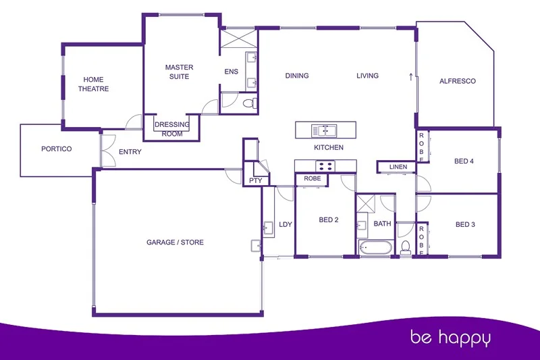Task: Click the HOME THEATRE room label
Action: pos(93,84)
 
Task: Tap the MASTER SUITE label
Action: pos(179,72)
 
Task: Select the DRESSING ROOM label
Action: pos(172,128)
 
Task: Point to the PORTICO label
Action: pos(56,149)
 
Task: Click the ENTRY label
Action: pos(130,152)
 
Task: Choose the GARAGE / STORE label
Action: pos(175,242)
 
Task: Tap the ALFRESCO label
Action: pos(457,81)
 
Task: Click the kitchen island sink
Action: pos(324,129)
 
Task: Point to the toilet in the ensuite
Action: pos(250,103)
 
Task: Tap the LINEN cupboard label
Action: pos(398,167)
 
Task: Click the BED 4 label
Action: pos(464,161)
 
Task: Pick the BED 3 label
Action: pos(466,224)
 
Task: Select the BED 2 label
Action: pos(328,220)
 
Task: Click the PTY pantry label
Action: pos(255,180)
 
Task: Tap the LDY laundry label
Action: pos(286,224)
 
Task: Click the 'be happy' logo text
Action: pos(452,336)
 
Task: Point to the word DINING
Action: pos(297,76)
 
